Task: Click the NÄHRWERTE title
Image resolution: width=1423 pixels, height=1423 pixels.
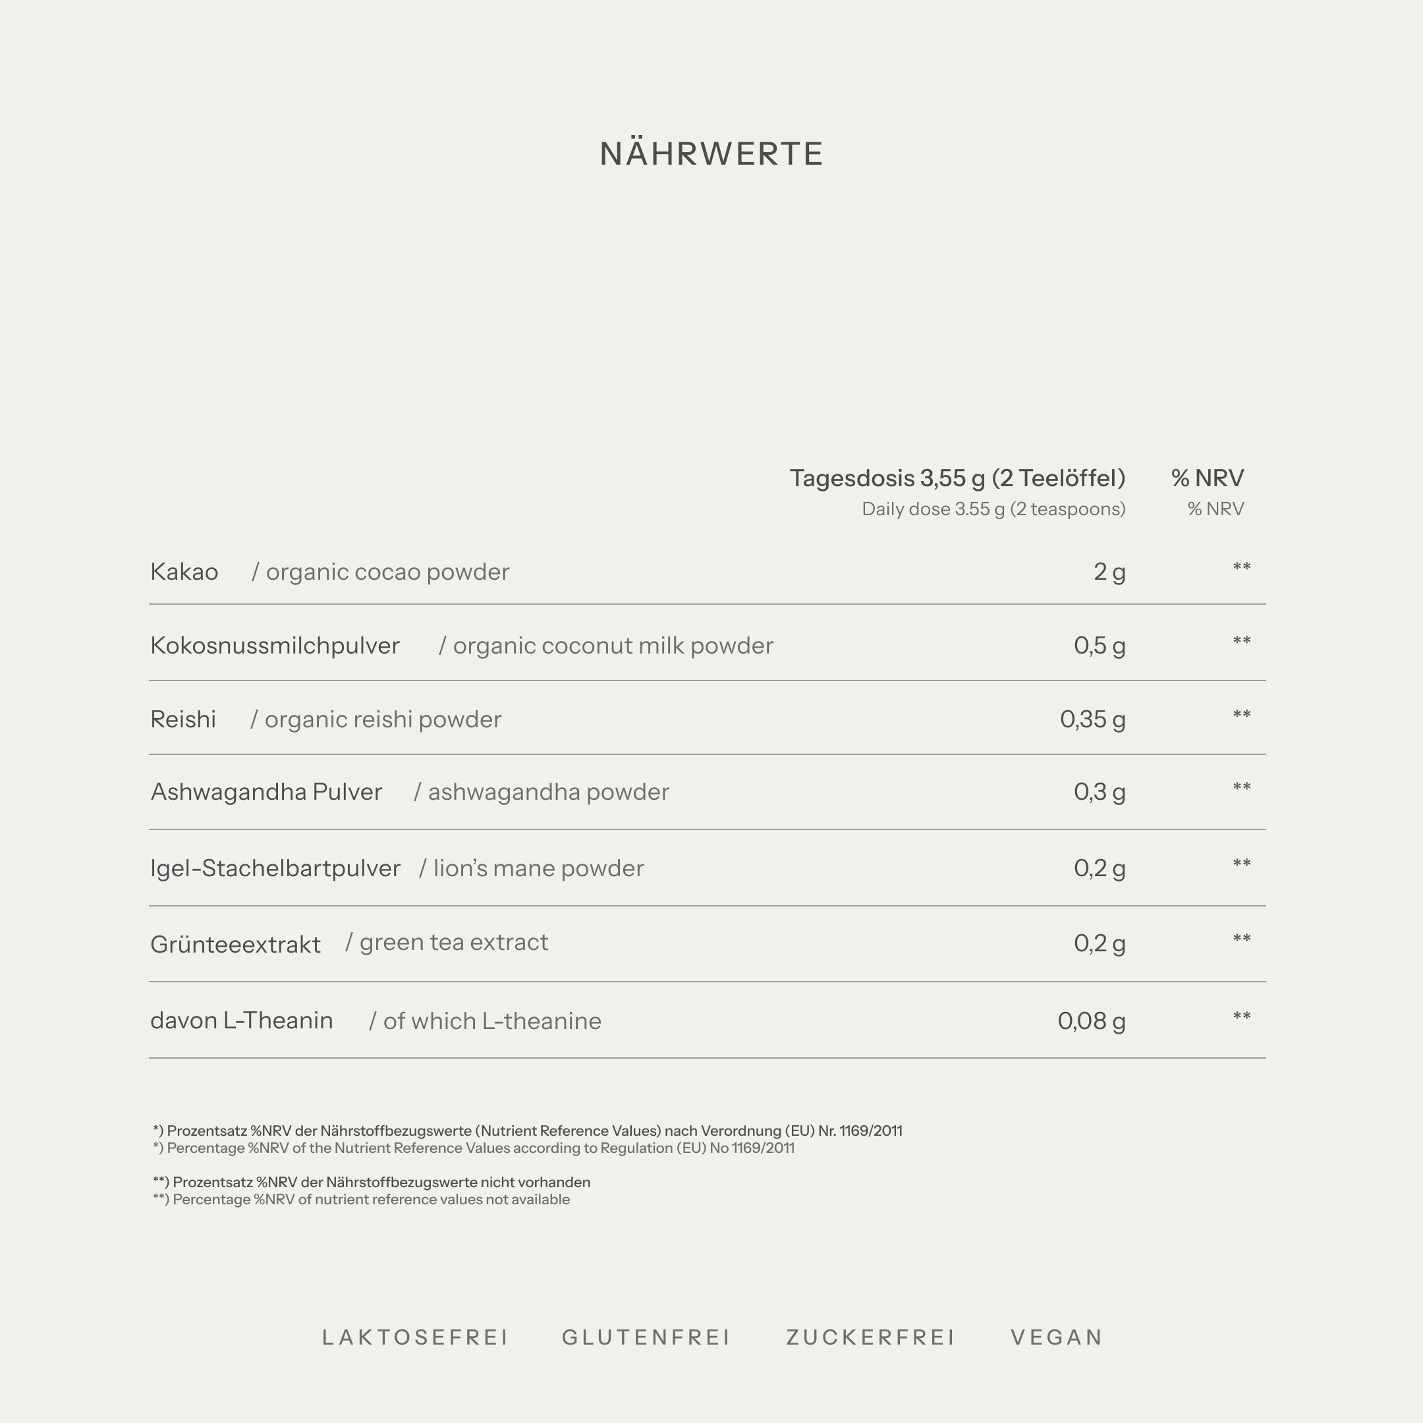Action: click(711, 154)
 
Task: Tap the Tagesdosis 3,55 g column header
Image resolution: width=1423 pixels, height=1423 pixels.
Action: click(957, 479)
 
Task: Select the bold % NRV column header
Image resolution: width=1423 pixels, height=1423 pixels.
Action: click(1207, 479)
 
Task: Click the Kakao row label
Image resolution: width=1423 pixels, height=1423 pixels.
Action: click(184, 572)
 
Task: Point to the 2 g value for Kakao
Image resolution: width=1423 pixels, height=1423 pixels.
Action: click(1109, 572)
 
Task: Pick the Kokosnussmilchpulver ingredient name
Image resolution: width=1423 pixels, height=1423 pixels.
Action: click(275, 646)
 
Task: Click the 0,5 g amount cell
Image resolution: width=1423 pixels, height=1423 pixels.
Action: click(1099, 646)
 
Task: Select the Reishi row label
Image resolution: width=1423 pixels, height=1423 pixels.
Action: click(183, 719)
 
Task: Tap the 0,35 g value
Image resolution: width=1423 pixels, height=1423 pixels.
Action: click(1092, 719)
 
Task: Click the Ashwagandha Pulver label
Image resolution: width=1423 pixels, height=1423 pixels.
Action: click(266, 793)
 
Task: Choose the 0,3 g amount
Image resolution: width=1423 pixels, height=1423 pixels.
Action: click(1099, 793)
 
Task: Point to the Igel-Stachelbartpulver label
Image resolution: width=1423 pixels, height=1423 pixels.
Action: click(275, 869)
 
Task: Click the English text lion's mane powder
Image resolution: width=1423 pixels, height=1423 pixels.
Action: click(538, 869)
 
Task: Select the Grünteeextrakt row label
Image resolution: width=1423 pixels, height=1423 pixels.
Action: click(235, 945)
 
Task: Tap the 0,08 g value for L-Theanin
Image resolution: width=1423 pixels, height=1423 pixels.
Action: click(1091, 1022)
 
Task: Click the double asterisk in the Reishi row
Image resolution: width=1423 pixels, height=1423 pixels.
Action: click(1241, 715)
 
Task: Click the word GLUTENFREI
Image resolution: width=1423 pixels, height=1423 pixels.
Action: click(646, 1337)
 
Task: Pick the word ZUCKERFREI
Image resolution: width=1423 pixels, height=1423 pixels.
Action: click(870, 1337)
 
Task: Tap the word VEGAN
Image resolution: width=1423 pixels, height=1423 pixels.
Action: click(1056, 1337)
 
